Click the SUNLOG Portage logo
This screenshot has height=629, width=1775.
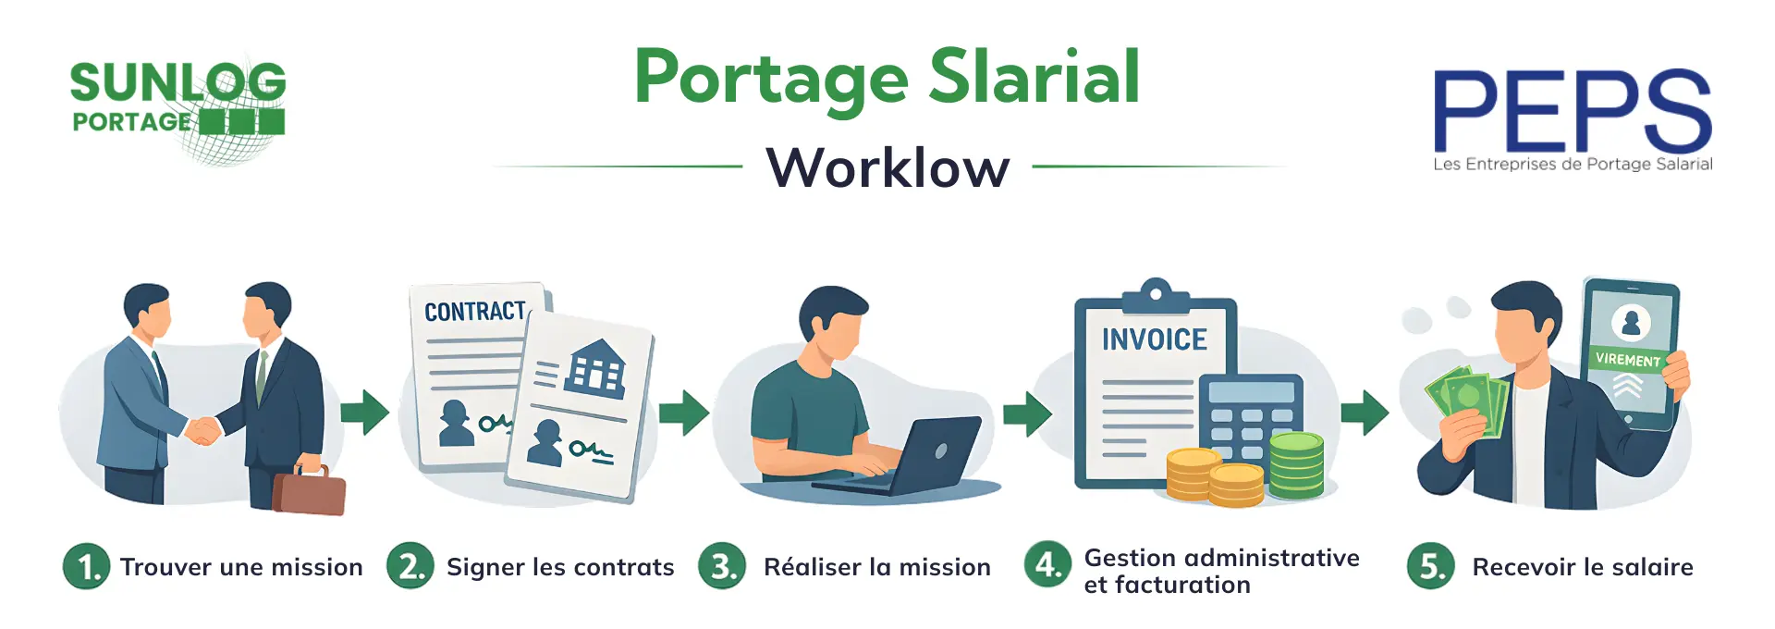tap(177, 106)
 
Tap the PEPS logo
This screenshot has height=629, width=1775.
tap(1572, 116)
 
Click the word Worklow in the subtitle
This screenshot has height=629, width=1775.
tap(887, 168)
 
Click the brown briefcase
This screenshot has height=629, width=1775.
tap(309, 490)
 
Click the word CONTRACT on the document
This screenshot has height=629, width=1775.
tap(474, 312)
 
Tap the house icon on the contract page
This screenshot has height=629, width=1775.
tap(596, 367)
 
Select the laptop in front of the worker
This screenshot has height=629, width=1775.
tap(911, 458)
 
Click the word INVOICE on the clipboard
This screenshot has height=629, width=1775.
tap(1154, 340)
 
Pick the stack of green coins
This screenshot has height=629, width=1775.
tap(1296, 465)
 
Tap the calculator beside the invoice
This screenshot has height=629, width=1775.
tap(1250, 416)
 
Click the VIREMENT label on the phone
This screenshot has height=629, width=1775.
tap(1627, 359)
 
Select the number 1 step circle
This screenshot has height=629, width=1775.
tap(87, 566)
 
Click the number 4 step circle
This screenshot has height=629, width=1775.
tap(1047, 565)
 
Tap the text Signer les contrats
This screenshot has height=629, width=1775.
tap(560, 567)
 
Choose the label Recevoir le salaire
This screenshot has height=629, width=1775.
tap(1582, 567)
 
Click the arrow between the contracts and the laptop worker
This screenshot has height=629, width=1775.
tap(683, 413)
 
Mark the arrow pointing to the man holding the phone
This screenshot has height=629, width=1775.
tap(1364, 413)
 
